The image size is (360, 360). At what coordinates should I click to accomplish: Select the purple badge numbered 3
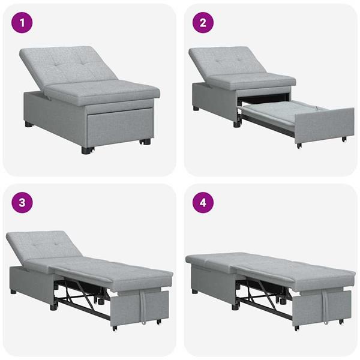[x=23, y=202]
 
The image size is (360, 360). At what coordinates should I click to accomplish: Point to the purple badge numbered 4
[x=203, y=202]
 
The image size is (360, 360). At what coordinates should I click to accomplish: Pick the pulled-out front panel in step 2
[x=325, y=125]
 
